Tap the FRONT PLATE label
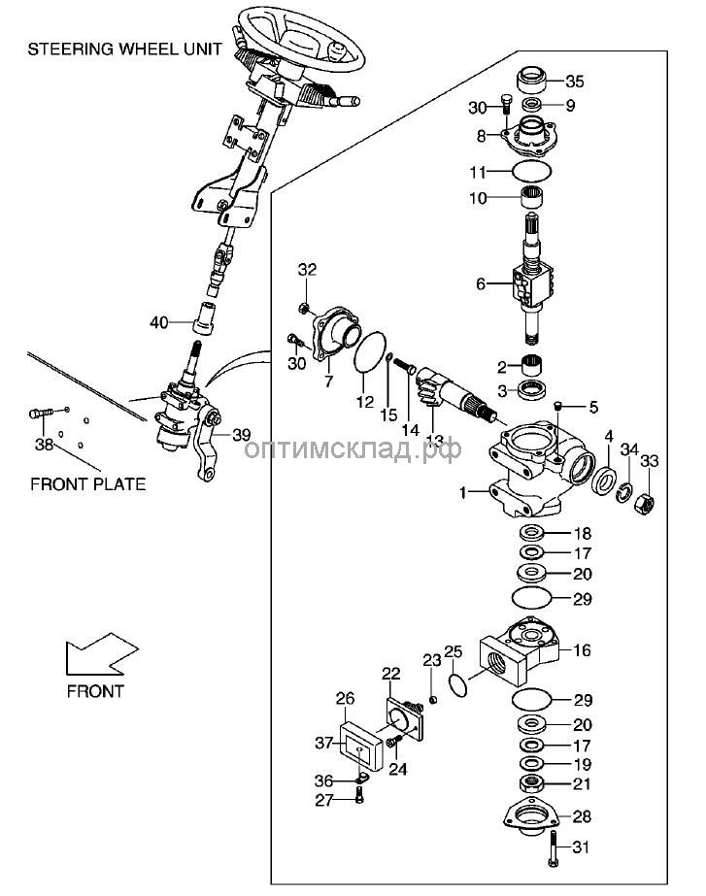[x=88, y=482]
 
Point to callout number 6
[x=479, y=283]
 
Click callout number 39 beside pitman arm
[x=241, y=436]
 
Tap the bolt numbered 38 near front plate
[x=39, y=415]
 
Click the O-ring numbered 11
[x=533, y=173]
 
